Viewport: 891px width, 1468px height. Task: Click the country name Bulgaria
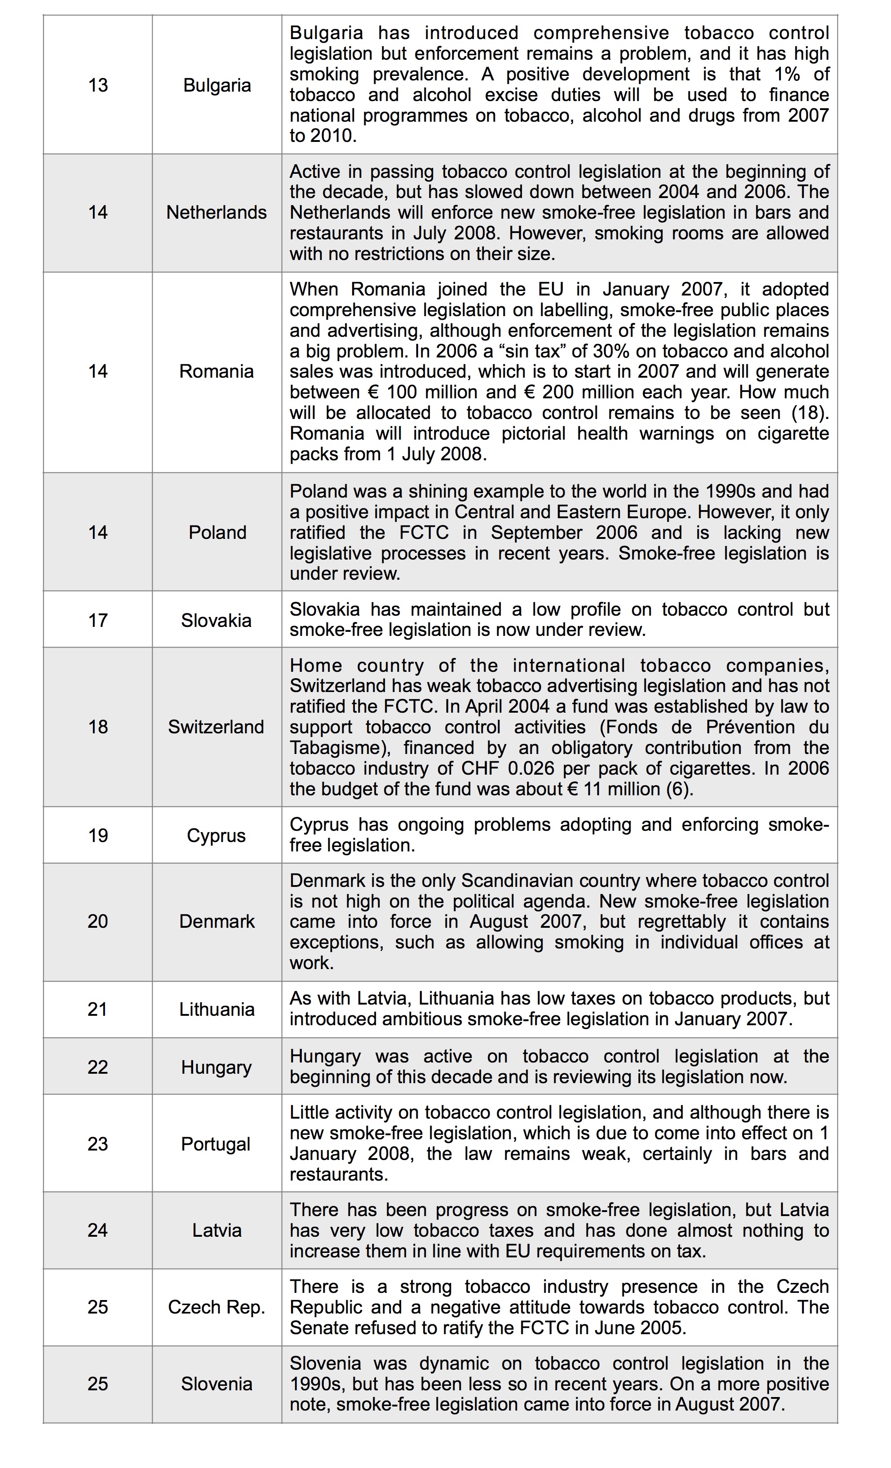pyautogui.click(x=217, y=85)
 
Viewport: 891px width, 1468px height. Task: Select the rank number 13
pyautogui.click(x=98, y=85)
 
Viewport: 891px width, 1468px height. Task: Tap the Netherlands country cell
pyautogui.click(x=216, y=212)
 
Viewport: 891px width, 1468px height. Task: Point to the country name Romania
pyautogui.click(x=216, y=371)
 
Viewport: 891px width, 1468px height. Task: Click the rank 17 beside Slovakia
pyautogui.click(x=98, y=620)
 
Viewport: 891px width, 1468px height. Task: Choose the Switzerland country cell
pyautogui.click(x=216, y=727)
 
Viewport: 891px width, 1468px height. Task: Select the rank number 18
pyautogui.click(x=98, y=727)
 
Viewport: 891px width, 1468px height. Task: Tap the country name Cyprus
pyautogui.click(x=216, y=835)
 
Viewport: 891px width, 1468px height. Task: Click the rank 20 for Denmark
pyautogui.click(x=98, y=921)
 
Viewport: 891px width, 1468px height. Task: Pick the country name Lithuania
pyautogui.click(x=217, y=1009)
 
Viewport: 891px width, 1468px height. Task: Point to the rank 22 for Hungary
pyautogui.click(x=98, y=1067)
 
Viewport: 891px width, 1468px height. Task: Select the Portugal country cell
pyautogui.click(x=216, y=1144)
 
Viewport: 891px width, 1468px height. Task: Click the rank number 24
pyautogui.click(x=98, y=1230)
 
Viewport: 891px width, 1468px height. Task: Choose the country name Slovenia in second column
pyautogui.click(x=217, y=1384)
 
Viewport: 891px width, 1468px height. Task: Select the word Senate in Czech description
pyautogui.click(x=317, y=1328)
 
